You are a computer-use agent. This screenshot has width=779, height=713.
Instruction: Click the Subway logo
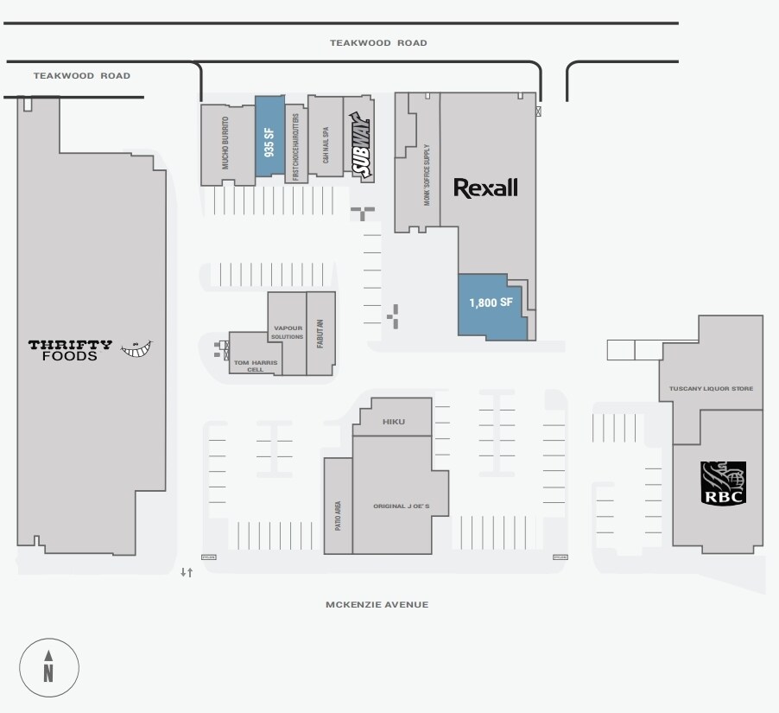click(359, 149)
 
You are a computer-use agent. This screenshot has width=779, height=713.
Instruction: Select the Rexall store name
click(485, 187)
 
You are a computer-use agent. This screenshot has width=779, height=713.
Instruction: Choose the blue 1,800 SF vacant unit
click(491, 303)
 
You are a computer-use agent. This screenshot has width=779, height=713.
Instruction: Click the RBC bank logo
click(722, 483)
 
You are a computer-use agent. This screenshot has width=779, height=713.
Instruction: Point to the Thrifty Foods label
click(70, 350)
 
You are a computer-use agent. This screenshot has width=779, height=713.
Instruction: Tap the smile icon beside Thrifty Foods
click(136, 348)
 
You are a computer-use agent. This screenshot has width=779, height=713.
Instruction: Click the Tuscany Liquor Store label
click(711, 389)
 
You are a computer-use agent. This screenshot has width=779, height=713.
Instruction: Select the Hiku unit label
click(394, 423)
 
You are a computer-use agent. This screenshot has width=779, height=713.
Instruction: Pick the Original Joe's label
click(401, 506)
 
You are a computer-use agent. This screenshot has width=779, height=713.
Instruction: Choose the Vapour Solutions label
click(288, 332)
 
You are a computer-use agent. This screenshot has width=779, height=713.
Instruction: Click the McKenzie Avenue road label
click(377, 605)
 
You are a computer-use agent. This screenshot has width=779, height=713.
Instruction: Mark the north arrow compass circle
click(49, 667)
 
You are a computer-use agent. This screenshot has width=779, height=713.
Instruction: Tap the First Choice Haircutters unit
click(295, 143)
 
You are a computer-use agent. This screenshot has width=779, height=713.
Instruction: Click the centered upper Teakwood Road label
click(378, 42)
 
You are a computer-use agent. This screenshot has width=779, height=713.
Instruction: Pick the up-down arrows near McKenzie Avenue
click(186, 573)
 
